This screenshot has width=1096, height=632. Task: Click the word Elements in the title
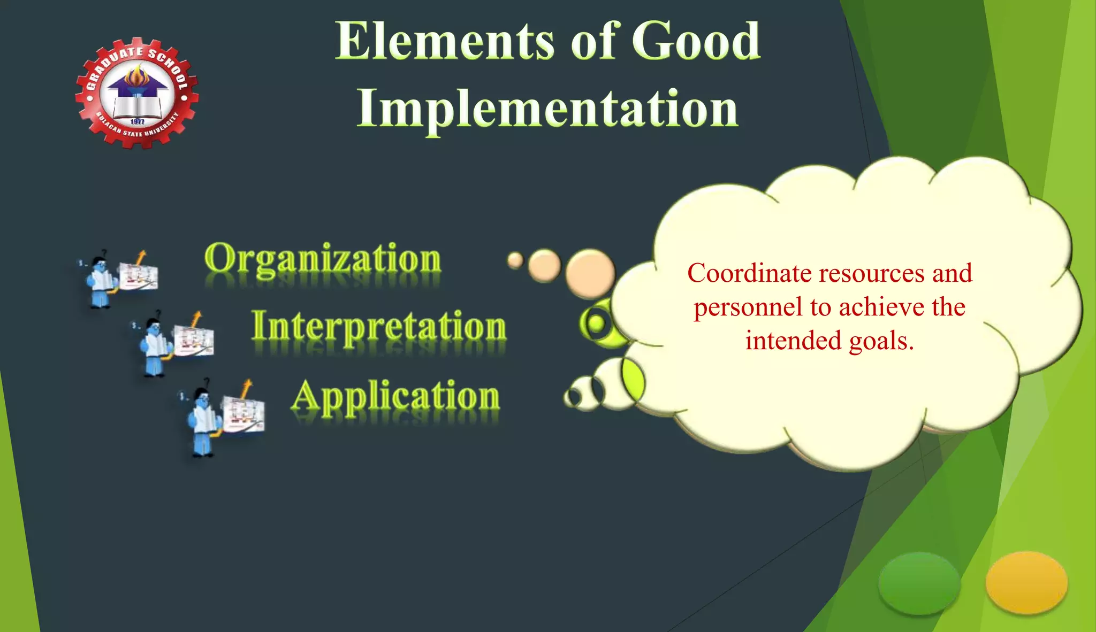pyautogui.click(x=444, y=42)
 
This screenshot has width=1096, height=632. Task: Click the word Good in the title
pyautogui.click(x=696, y=42)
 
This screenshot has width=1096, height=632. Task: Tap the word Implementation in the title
pyautogui.click(x=547, y=109)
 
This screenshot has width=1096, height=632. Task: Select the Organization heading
pyautogui.click(x=323, y=259)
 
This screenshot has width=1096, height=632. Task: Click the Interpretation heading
pyautogui.click(x=379, y=326)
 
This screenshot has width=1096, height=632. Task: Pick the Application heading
pyautogui.click(x=395, y=397)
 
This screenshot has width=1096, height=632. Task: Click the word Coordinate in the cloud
pyautogui.click(x=749, y=273)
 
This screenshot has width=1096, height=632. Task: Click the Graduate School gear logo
pyautogui.click(x=137, y=93)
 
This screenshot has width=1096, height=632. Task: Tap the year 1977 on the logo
pyautogui.click(x=138, y=122)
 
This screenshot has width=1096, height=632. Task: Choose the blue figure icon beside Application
pyautogui.click(x=203, y=420)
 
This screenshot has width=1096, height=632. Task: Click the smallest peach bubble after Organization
pyautogui.click(x=515, y=260)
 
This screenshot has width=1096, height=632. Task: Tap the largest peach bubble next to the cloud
pyautogui.click(x=590, y=274)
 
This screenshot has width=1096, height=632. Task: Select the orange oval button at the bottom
pyautogui.click(x=1026, y=583)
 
